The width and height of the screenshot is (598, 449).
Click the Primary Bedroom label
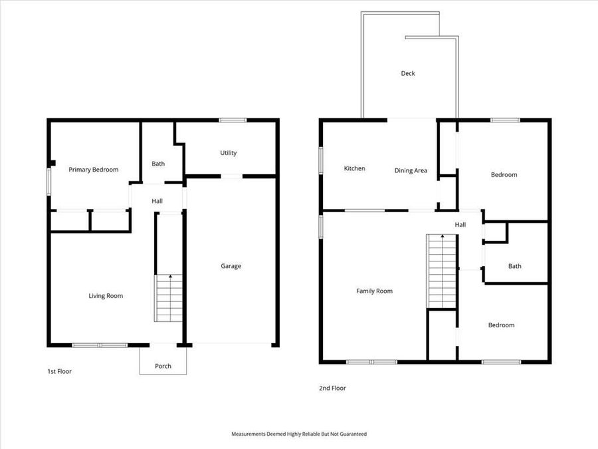click(94, 170)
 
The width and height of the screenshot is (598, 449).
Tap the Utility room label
click(228, 153)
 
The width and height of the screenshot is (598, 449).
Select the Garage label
click(231, 266)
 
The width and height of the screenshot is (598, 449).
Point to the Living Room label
click(106, 296)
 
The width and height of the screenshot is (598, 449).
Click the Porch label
click(163, 366)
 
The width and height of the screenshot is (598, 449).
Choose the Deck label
click(407, 73)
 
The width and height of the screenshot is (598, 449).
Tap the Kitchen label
click(354, 168)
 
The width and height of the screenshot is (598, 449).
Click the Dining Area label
click(411, 170)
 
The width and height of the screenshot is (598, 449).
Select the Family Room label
click(374, 291)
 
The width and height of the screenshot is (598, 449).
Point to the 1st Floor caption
click(60, 371)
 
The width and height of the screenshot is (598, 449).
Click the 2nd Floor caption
click(332, 388)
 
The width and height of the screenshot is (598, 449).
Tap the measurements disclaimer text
click(298, 434)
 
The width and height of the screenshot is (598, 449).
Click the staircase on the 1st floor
click(169, 299)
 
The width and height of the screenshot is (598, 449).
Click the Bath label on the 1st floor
click(157, 164)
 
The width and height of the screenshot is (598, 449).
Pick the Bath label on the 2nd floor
click(514, 266)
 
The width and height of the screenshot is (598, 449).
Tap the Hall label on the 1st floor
click(157, 201)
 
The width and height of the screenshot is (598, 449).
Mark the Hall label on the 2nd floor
click(460, 225)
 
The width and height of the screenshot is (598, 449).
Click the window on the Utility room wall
click(233, 120)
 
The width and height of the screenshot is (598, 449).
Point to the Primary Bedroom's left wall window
click(49, 181)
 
